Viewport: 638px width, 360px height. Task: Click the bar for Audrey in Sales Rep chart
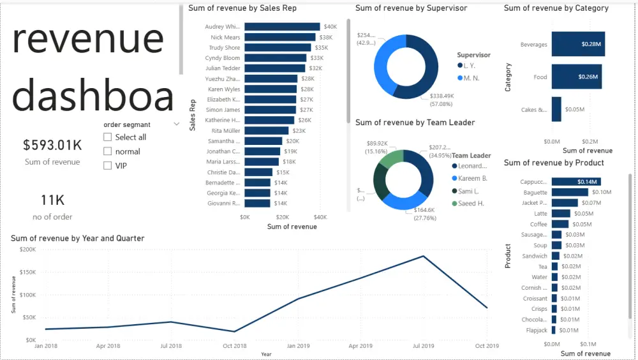pos(282,27)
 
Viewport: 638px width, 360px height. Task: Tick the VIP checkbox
pos(108,166)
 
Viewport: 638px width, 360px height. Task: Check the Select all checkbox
pos(108,137)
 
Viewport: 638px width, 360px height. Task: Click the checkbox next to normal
pos(108,151)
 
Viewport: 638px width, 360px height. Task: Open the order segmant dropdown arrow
pos(176,124)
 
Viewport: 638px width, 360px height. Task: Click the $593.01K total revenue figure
pos(52,145)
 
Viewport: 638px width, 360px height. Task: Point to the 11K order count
pos(52,200)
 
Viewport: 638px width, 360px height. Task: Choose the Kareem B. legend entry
pos(472,179)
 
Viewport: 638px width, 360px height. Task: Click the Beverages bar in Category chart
pos(578,45)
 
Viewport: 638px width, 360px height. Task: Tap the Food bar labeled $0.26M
pos(576,77)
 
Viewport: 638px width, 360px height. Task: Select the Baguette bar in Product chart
pos(570,192)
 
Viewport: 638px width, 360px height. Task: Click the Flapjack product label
pos(537,330)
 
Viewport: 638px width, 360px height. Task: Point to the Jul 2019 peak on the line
pos(424,256)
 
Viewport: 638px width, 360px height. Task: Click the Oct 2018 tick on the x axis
pos(235,346)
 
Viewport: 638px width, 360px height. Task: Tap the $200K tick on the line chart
pos(27,250)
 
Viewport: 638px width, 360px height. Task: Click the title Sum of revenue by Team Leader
pos(415,123)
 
